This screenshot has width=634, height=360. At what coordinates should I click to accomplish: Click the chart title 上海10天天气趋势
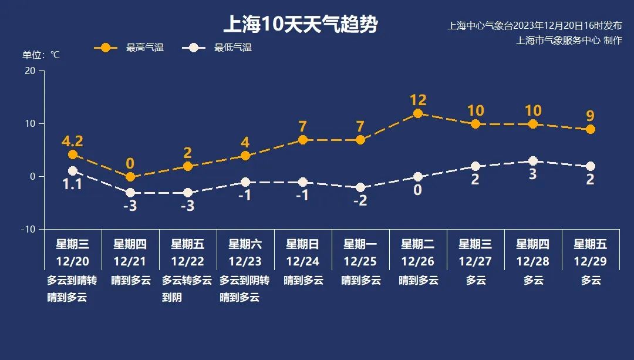click(x=301, y=25)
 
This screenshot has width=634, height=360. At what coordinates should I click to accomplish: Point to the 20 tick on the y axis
click(x=30, y=70)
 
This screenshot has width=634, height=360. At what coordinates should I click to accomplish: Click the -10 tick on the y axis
click(x=28, y=229)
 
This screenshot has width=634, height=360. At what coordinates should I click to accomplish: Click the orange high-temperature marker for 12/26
click(x=418, y=113)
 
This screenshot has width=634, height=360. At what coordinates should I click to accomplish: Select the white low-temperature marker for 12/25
click(x=360, y=187)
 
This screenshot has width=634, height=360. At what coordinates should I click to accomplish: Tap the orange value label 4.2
click(x=73, y=142)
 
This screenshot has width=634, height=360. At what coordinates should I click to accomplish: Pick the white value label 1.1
click(x=73, y=184)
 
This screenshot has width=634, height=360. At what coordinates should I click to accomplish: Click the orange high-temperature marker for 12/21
click(x=130, y=177)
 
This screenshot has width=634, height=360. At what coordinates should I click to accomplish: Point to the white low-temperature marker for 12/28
click(x=533, y=161)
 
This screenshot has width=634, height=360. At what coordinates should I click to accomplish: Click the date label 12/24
click(x=303, y=261)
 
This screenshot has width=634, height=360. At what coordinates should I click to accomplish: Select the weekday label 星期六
click(x=245, y=244)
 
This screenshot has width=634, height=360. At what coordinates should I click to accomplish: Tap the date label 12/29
click(x=591, y=261)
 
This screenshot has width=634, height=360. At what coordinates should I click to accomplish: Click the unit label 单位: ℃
click(x=41, y=55)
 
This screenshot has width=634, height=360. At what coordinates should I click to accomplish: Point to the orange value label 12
click(x=418, y=100)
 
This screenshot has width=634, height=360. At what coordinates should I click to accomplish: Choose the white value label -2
click(x=360, y=200)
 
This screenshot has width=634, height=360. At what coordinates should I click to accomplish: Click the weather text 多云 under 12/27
click(x=475, y=281)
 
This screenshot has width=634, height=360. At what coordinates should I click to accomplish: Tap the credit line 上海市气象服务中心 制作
click(x=569, y=41)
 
